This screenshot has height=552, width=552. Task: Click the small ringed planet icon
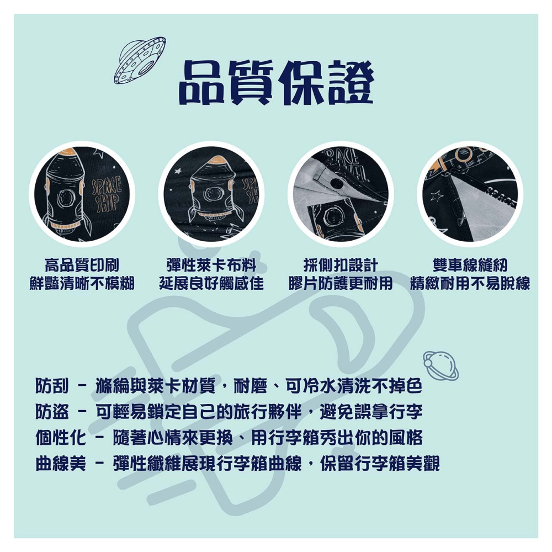[440, 365]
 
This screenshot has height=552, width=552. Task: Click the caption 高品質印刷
[82, 265]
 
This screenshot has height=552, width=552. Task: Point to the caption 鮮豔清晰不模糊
[82, 284]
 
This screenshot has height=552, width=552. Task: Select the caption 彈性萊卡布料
[211, 265]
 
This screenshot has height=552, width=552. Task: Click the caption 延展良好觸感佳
[211, 284]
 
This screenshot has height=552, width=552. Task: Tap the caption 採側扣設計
[341, 265]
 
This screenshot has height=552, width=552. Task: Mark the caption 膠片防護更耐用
[341, 284]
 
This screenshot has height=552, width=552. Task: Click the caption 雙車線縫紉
[470, 265]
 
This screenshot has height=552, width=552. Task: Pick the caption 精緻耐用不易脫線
[470, 284]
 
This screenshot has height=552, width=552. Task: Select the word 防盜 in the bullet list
[52, 412]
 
